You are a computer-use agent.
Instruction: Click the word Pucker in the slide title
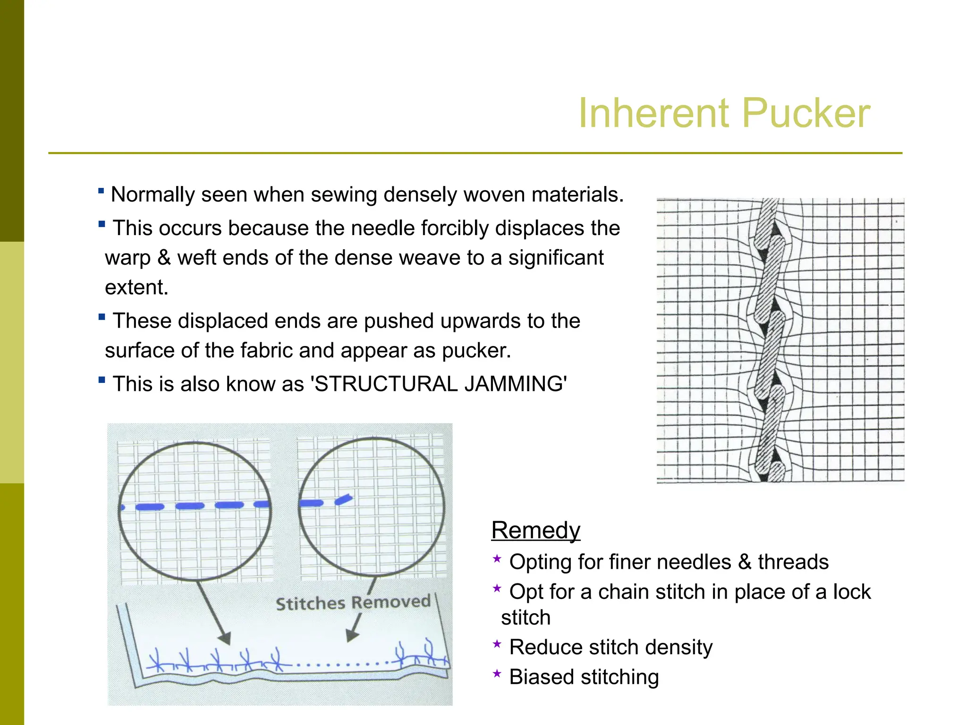pyautogui.click(x=806, y=113)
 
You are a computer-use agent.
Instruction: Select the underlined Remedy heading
pyautogui.click(x=535, y=531)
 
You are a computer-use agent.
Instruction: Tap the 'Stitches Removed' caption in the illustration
pyautogui.click(x=353, y=603)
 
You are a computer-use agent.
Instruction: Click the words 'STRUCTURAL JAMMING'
pyautogui.click(x=439, y=384)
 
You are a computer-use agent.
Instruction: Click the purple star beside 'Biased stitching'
pyautogui.click(x=497, y=674)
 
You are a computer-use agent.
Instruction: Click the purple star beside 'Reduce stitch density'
pyautogui.click(x=497, y=644)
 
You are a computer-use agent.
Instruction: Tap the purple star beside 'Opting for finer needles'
pyautogui.click(x=497, y=559)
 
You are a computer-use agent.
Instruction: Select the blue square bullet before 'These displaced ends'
pyautogui.click(x=102, y=317)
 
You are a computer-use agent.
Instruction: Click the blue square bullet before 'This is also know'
pyautogui.click(x=102, y=379)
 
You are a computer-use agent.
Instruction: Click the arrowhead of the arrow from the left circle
pyautogui.click(x=225, y=638)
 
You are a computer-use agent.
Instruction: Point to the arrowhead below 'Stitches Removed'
pyautogui.click(x=352, y=635)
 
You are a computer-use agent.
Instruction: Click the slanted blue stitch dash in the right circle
pyautogui.click(x=344, y=499)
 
